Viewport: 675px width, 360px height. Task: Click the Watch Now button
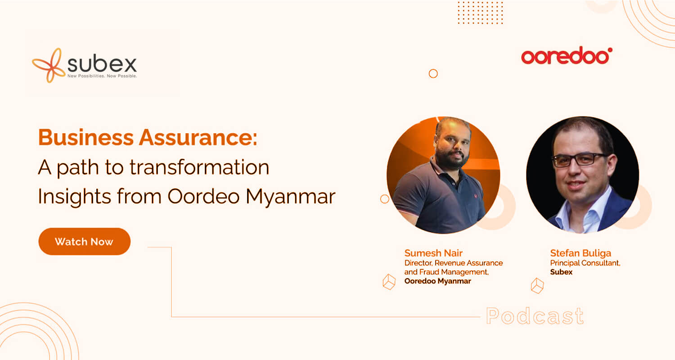click(85, 241)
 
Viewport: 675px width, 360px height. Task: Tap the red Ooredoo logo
click(567, 56)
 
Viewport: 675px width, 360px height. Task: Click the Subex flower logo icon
click(49, 65)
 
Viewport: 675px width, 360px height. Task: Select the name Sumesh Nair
click(433, 253)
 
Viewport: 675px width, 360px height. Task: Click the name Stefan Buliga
click(580, 253)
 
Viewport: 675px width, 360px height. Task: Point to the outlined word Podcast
click(535, 316)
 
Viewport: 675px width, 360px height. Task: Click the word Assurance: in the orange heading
click(198, 138)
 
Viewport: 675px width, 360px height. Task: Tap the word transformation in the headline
click(199, 167)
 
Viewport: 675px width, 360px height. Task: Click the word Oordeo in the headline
click(203, 196)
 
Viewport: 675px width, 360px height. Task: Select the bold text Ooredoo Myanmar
click(437, 281)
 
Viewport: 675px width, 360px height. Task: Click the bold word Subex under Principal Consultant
click(561, 272)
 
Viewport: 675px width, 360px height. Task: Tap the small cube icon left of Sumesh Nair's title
click(389, 282)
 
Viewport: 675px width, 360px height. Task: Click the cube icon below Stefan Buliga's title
click(537, 286)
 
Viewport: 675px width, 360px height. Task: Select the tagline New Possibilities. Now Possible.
click(102, 76)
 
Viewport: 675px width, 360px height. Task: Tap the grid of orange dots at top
click(480, 13)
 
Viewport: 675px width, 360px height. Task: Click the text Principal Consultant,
click(585, 263)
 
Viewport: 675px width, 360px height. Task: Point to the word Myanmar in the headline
click(291, 196)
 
